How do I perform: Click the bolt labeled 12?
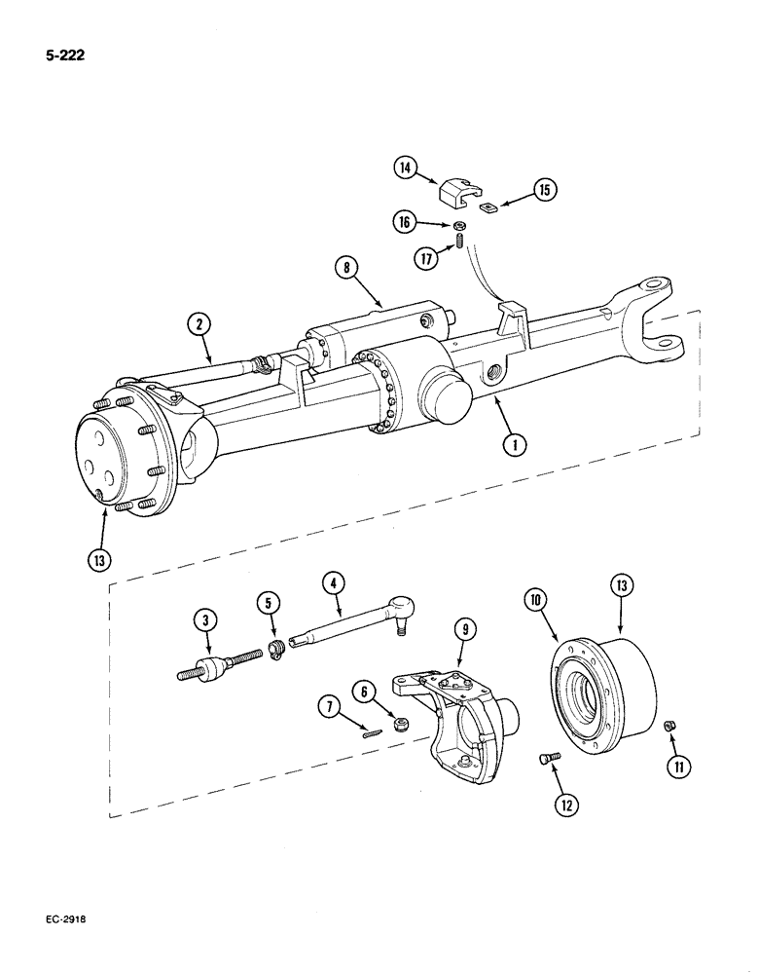coord(548,758)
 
